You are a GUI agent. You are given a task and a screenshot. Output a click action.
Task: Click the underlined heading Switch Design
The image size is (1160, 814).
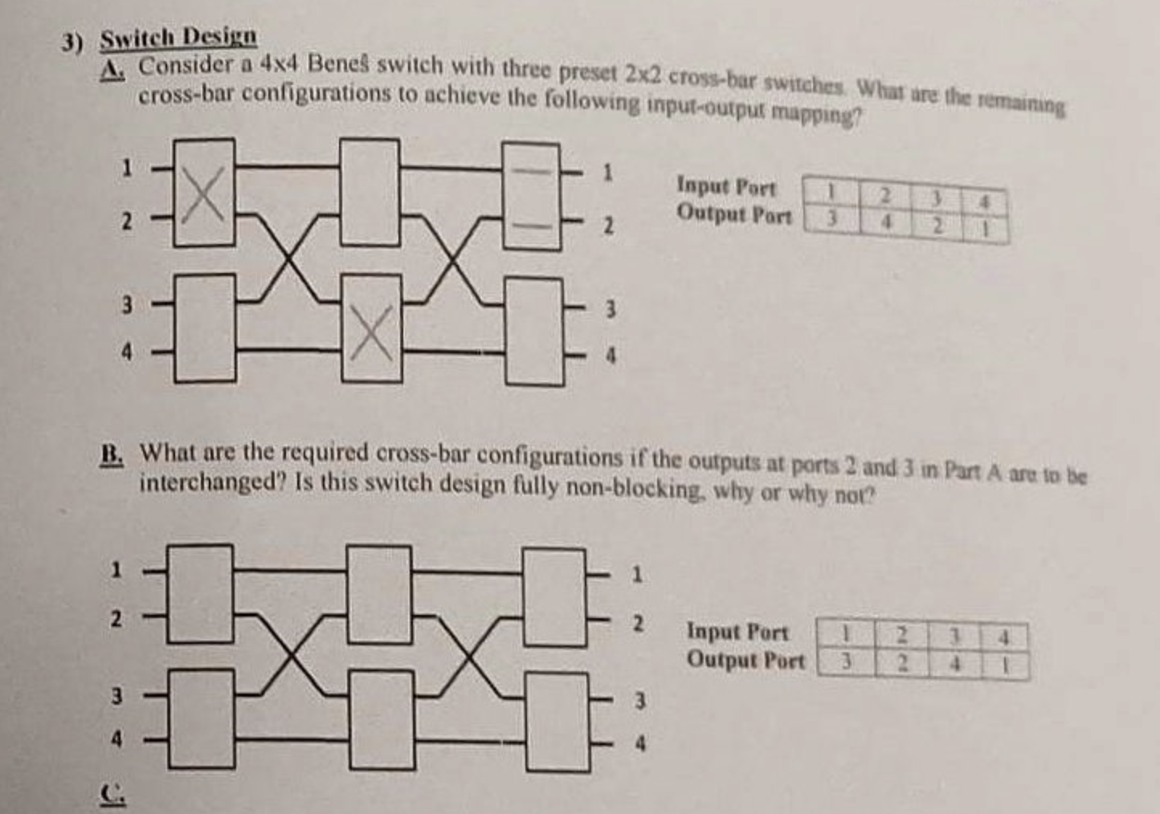click(x=178, y=36)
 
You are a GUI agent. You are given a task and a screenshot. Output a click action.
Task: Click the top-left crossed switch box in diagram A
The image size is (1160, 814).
click(x=204, y=192)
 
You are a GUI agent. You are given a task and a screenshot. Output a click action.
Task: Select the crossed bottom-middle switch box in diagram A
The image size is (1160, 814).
click(x=371, y=328)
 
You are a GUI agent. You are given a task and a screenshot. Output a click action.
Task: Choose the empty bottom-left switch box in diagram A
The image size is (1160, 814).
click(x=205, y=327)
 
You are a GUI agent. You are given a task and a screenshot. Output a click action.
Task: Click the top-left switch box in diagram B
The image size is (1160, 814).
click(x=200, y=594)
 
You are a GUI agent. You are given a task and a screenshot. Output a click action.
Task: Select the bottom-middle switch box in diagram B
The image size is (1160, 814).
click(x=381, y=719)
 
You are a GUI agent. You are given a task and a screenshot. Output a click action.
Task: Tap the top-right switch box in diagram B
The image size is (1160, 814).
click(x=554, y=597)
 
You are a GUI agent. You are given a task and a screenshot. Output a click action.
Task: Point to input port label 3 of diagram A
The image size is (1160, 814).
click(x=126, y=304)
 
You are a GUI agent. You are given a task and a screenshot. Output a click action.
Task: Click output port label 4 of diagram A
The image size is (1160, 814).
click(x=611, y=355)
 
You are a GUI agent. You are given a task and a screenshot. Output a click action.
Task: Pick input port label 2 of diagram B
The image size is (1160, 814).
click(x=116, y=619)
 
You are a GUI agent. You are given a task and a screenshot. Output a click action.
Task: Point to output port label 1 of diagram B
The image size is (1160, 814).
click(x=637, y=575)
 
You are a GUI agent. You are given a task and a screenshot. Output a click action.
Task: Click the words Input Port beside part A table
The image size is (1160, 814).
click(x=726, y=186)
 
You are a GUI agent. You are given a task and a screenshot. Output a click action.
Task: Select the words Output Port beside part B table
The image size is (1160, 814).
click(x=745, y=660)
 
